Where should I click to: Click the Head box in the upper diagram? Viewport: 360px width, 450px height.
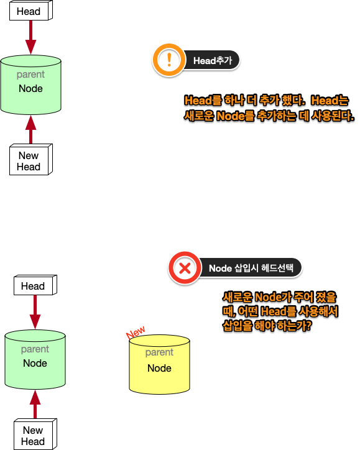(x=30, y=11)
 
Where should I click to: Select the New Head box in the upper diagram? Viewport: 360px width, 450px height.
(x=30, y=161)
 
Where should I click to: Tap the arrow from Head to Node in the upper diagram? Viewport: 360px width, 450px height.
(x=30, y=39)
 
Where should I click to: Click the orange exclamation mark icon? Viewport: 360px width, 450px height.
(x=168, y=60)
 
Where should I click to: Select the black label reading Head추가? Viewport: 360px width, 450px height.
(x=211, y=60)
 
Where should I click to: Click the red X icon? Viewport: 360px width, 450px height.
(x=185, y=269)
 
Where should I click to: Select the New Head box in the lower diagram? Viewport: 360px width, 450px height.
(x=34, y=435)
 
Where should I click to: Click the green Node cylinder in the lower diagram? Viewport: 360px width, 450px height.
(x=35, y=360)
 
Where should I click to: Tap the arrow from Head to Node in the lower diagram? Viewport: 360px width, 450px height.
(x=35, y=313)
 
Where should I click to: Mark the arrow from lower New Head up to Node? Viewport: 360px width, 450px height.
(x=35, y=404)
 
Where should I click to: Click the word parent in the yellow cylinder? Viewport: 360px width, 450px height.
(x=159, y=352)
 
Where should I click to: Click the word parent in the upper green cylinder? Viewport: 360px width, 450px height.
(x=30, y=75)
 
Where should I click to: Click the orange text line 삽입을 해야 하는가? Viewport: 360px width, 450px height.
(x=267, y=326)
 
